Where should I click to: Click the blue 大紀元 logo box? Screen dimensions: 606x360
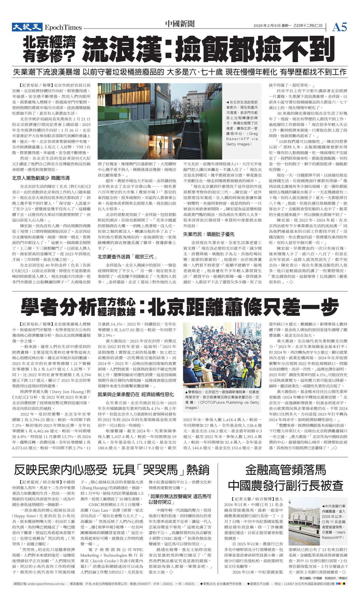point(27,27)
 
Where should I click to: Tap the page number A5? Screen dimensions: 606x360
point(339,27)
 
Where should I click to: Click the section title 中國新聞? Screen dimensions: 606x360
point(180,24)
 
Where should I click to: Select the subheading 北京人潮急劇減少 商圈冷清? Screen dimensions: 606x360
point(41,178)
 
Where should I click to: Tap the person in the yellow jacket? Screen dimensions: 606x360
point(160,144)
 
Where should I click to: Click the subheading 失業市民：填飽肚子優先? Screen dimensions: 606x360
point(208,234)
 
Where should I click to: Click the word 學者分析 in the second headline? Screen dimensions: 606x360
point(59,306)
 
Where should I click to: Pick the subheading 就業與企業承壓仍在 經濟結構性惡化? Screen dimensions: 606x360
point(136,394)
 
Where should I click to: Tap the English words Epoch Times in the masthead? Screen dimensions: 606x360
point(63,27)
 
